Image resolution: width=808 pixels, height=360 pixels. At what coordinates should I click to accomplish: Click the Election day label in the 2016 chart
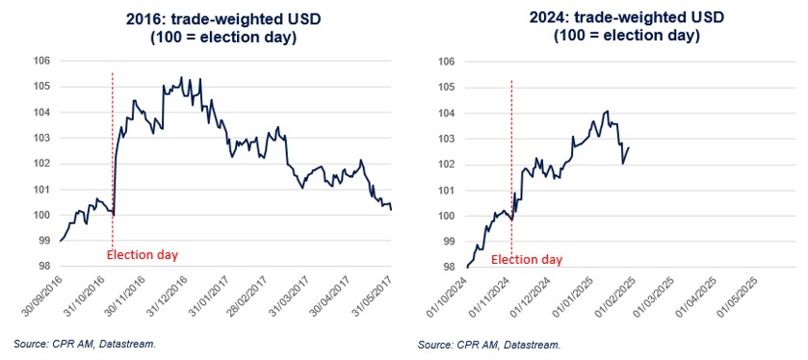142,255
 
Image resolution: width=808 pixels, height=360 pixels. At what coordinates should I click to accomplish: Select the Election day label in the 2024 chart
527,260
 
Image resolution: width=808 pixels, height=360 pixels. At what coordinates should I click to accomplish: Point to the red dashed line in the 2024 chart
511,154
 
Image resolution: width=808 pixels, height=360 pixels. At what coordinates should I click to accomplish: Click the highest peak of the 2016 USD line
182,77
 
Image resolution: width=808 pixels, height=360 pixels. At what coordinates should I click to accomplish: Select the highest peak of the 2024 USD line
607,111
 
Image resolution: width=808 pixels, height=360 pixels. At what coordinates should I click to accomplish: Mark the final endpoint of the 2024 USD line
629,146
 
